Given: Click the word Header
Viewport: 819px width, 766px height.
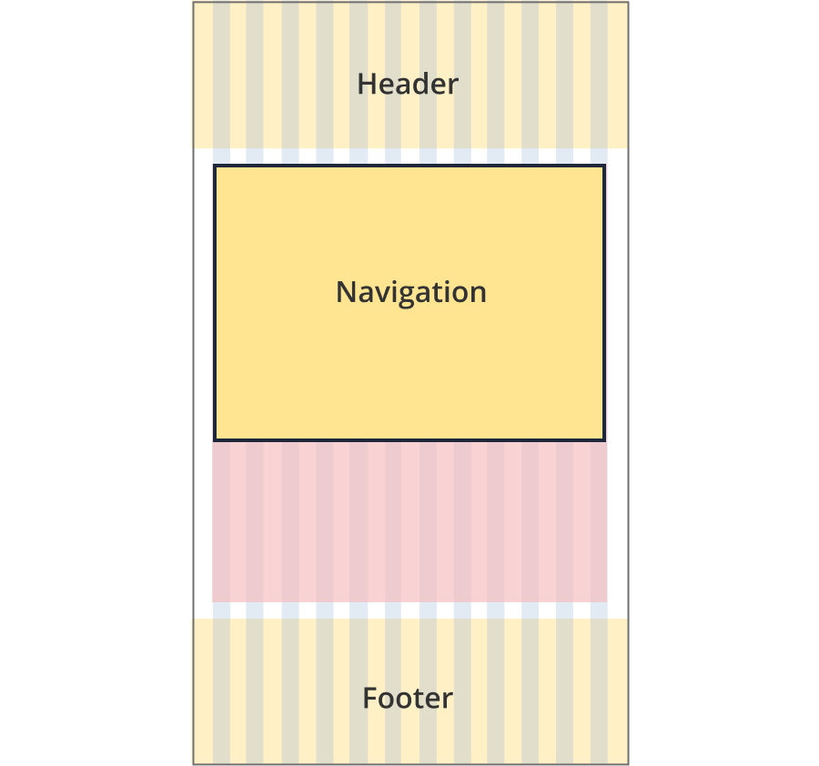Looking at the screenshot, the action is pos(408,84).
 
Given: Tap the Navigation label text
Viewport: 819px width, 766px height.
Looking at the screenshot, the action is pos(411,292).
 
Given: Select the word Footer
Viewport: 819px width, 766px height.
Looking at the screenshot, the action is pos(408,698).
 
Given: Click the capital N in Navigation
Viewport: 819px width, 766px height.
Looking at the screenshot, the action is pos(347,292).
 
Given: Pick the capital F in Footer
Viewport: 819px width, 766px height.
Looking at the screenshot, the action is pos(370,698).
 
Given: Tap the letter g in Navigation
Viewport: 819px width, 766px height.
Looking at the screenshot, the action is pos(410,295).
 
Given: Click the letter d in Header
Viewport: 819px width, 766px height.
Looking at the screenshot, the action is pos(421,84).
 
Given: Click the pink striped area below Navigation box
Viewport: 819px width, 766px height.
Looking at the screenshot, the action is pos(409,521).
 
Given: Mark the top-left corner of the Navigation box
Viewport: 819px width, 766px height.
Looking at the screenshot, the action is pos(214,166).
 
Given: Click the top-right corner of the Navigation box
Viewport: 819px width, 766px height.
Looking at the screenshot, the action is pos(605,166).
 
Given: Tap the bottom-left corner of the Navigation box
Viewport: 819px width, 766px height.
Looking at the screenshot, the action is pos(214,440).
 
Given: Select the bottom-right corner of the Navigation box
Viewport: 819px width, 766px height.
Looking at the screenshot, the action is pos(605,440).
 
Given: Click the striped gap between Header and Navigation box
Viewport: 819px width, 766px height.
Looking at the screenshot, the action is pos(409,156).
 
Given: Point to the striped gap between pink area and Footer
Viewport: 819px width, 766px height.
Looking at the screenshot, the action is pos(409,610).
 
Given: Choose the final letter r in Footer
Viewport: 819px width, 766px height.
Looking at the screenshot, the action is pos(448,701).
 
